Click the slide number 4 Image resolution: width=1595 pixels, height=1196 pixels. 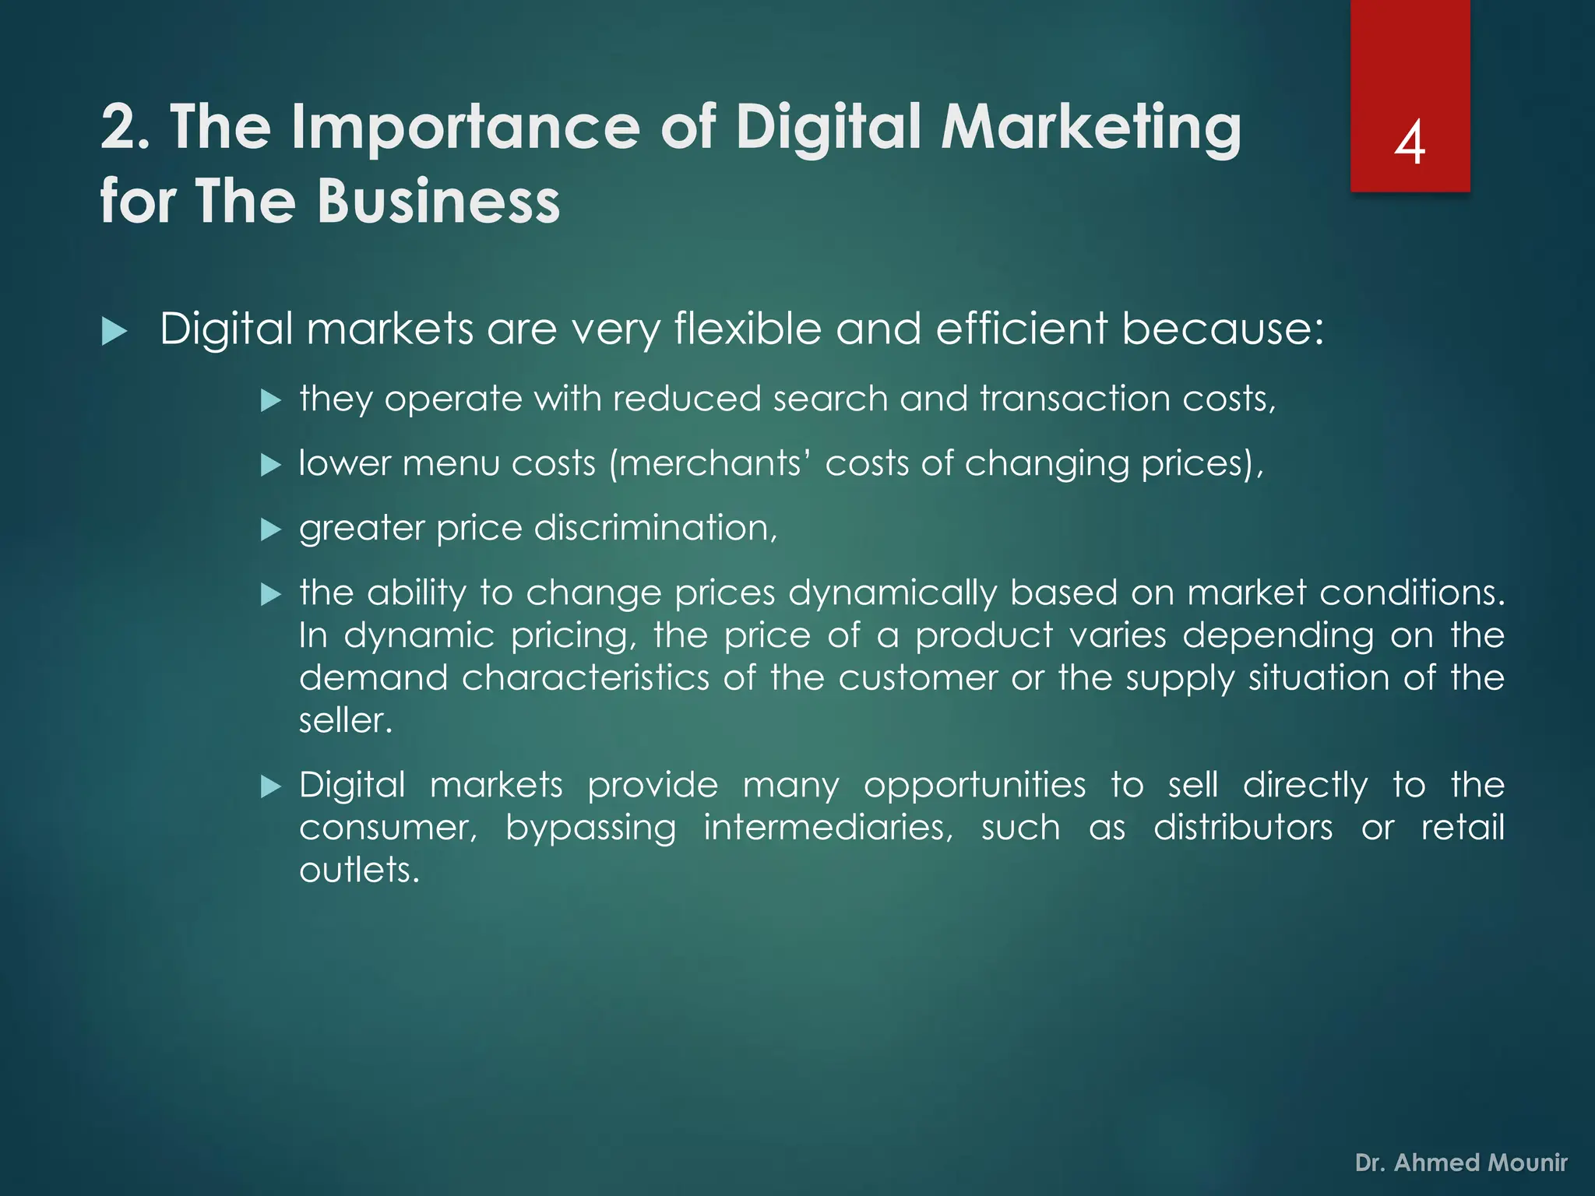1410,143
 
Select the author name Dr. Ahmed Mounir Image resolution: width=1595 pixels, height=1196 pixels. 1461,1163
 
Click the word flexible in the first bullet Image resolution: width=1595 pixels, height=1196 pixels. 748,329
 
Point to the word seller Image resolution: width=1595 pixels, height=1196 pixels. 345,720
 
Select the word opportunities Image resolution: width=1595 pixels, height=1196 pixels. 974,785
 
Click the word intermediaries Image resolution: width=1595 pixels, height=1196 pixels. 828,828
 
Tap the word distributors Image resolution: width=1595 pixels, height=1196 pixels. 1243,828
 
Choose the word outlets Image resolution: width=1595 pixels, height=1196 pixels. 359,871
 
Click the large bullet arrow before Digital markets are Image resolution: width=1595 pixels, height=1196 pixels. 114,332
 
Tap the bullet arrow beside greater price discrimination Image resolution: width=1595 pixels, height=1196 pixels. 269,530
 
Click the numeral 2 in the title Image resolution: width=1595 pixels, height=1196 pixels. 119,128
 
